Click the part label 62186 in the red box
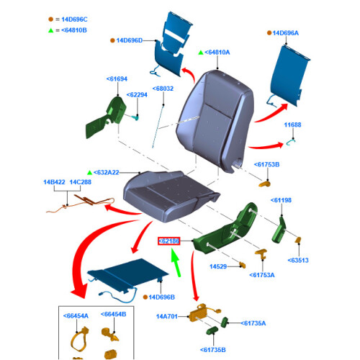click(168, 241)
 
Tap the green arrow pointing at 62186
click(176, 263)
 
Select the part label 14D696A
click(286, 33)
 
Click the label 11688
click(292, 125)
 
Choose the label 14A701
click(167, 317)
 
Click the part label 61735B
click(213, 350)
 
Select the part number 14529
click(218, 266)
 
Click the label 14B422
click(54, 182)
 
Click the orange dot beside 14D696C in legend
click(50, 19)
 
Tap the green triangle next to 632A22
click(89, 173)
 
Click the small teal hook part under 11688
click(291, 143)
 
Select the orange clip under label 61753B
click(264, 184)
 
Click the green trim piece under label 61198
click(279, 230)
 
